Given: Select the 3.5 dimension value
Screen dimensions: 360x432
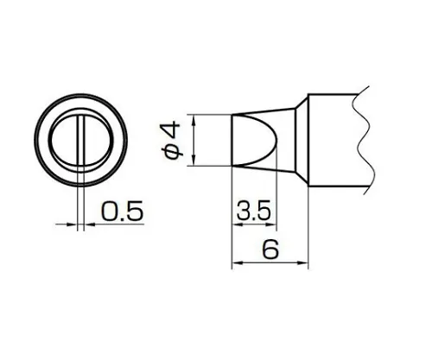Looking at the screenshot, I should pyautogui.click(x=252, y=210).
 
